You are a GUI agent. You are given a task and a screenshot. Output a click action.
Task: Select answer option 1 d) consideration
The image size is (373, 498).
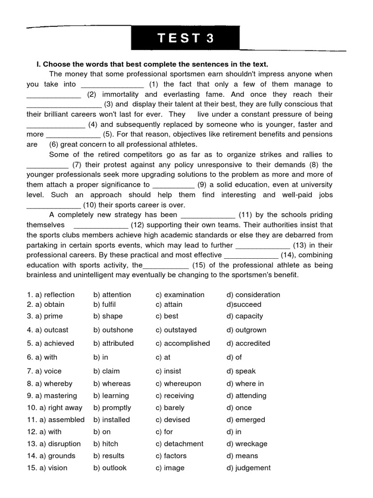coord(253,295)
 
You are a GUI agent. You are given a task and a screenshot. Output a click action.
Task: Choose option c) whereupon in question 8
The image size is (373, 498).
coord(178,384)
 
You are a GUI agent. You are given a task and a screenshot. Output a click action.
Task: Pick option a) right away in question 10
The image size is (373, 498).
coord(54,408)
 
